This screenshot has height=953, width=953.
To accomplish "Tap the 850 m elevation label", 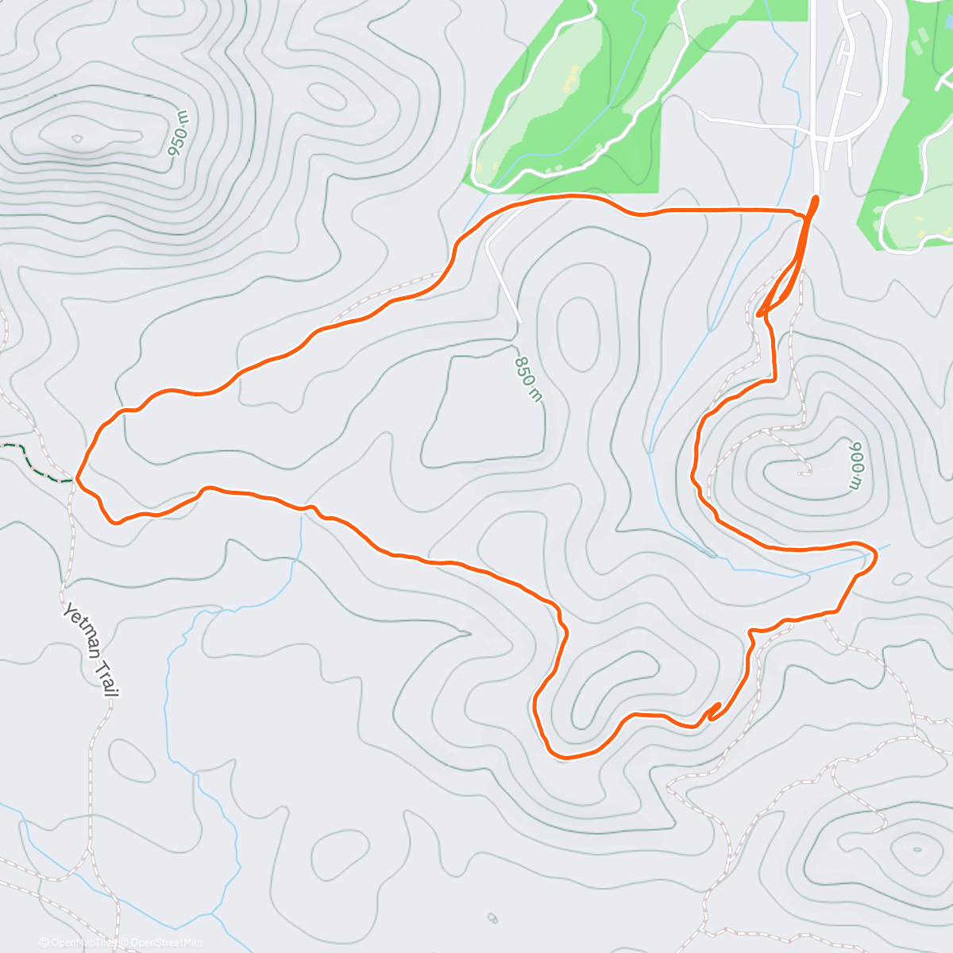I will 527,377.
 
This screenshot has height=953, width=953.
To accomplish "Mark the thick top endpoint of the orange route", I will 815,199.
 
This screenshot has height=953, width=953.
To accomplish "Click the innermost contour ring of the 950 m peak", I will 77,138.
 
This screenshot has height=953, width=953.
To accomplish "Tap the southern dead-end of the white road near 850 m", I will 520,320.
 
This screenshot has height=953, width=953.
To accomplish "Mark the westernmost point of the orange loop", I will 77,479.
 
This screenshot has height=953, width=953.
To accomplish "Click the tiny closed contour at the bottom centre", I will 492,919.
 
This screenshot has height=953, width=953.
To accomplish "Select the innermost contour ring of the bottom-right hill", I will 917,849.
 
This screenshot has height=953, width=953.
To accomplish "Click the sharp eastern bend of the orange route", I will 874,557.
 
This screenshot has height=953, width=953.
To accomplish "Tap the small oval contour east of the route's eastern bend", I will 904,579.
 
